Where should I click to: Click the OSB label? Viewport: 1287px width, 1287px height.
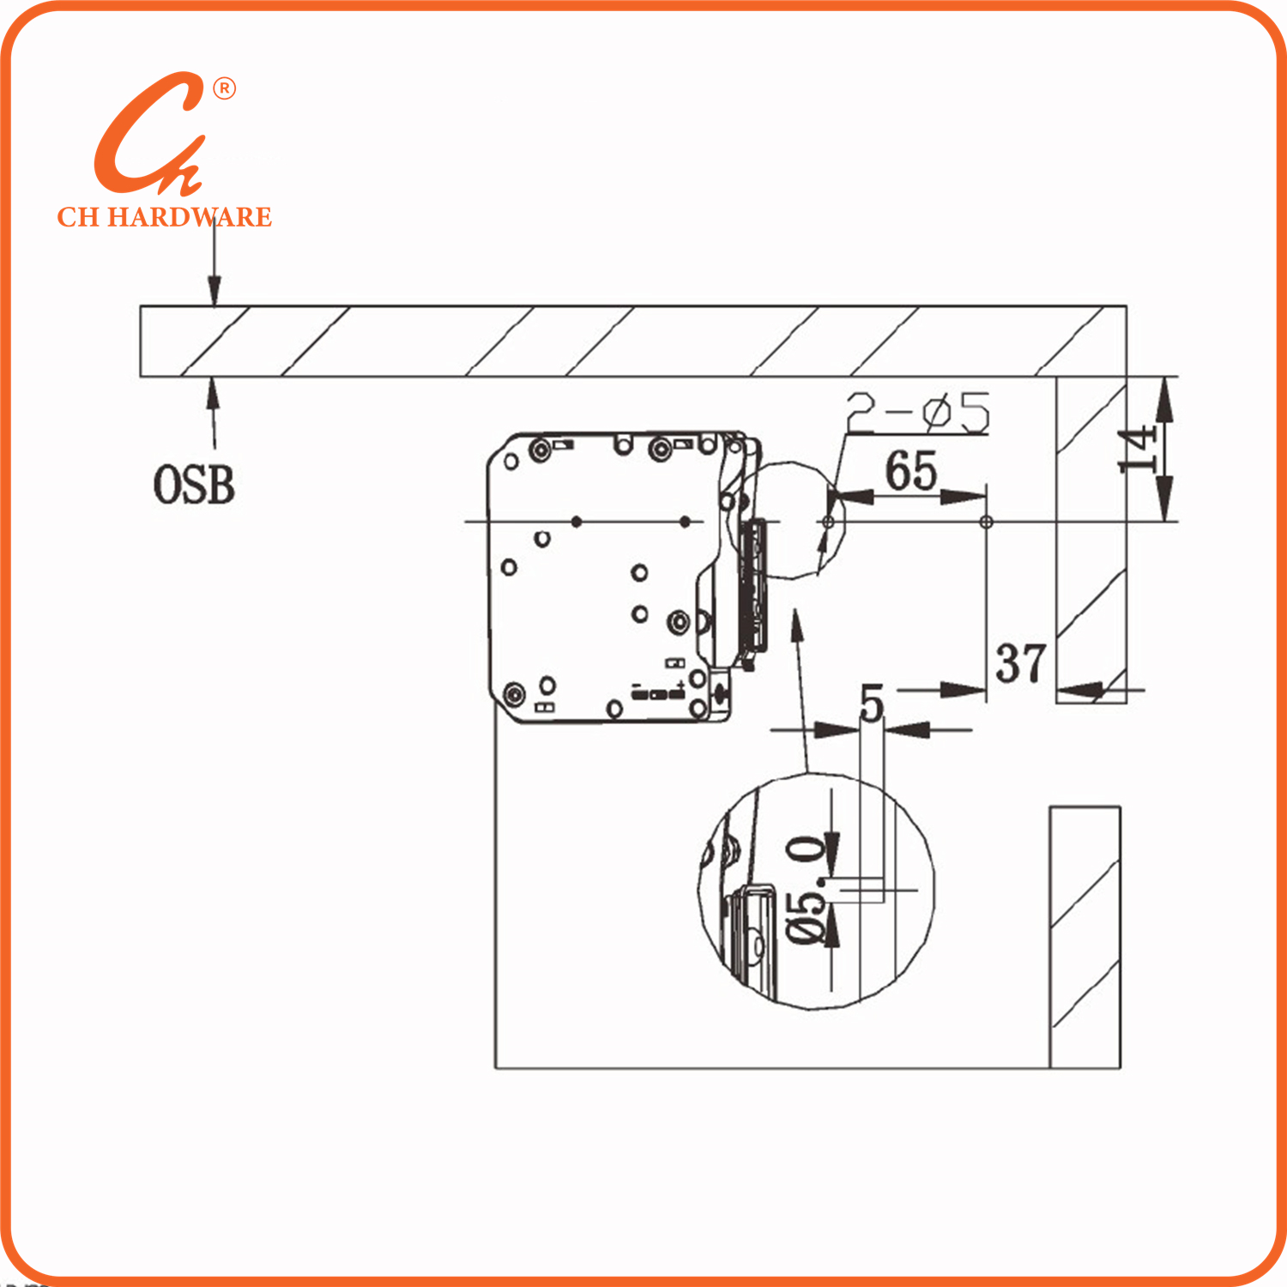click(194, 485)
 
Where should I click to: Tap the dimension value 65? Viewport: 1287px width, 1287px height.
click(911, 470)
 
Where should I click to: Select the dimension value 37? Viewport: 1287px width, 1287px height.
click(1021, 663)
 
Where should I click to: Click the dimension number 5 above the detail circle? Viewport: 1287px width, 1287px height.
click(872, 704)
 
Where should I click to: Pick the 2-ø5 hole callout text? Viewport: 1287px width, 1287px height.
click(918, 413)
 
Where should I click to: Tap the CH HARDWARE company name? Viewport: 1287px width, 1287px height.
click(165, 217)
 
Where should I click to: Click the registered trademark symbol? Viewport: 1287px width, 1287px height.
click(224, 88)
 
